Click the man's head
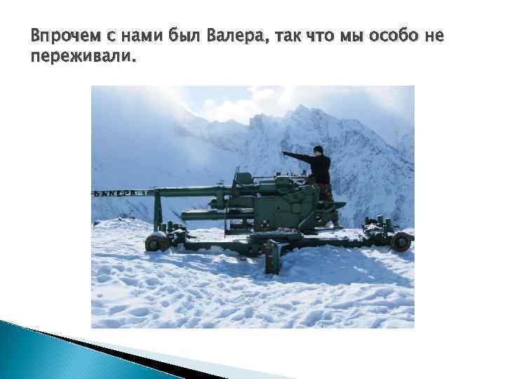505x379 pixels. coord(318,150)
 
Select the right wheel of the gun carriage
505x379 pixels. coord(400,241)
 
